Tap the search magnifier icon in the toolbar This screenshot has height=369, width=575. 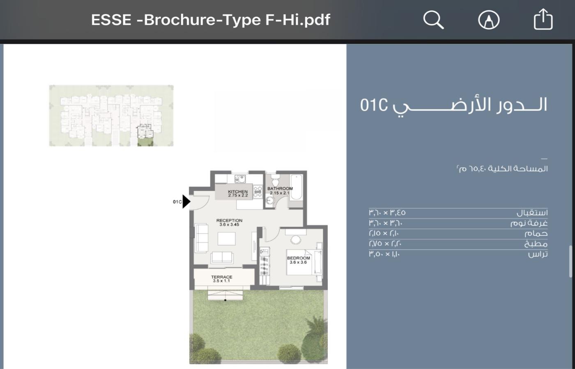coord(433,20)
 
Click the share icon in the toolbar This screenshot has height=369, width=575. coord(543,19)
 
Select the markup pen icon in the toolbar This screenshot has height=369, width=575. coord(489,20)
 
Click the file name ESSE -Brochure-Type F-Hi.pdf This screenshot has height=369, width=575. coord(210,20)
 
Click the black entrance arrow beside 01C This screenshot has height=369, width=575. coord(186,202)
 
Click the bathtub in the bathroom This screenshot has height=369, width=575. coord(296,187)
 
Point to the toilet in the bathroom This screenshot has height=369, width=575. coord(275,180)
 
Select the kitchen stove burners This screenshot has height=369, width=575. coord(258,191)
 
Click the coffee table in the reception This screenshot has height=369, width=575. coord(226,239)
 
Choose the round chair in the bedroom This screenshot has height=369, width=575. coord(295,240)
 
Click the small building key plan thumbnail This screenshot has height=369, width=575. coord(111,116)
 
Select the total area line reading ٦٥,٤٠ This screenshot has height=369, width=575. coord(502,169)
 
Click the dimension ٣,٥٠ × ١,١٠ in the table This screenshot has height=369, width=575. coord(384,254)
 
